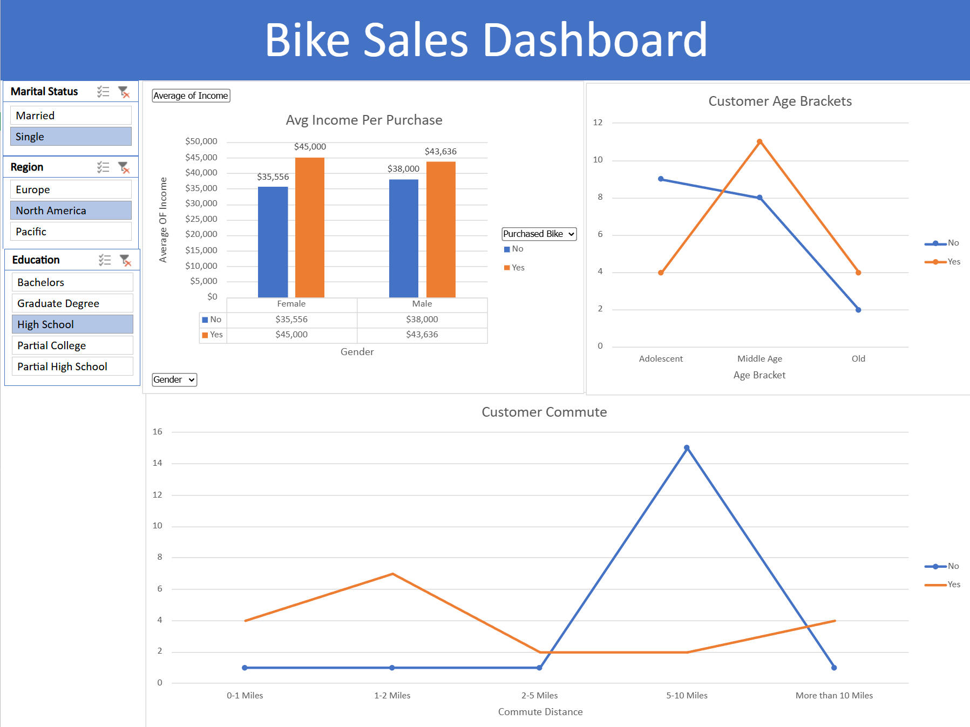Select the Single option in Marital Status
[x=71, y=137]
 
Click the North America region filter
[x=71, y=210]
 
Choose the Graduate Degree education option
[x=72, y=303]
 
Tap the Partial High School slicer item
[x=72, y=366]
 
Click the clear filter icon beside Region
[x=124, y=168]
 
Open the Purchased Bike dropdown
[x=539, y=234]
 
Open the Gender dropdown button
[x=174, y=379]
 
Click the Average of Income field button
[x=191, y=96]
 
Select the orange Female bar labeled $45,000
[x=310, y=227]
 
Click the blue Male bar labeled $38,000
[x=404, y=237]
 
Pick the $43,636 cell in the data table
[x=422, y=335]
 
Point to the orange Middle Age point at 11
[x=759, y=142]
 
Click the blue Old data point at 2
[x=858, y=310]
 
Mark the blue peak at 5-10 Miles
[x=687, y=448]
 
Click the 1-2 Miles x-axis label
[x=392, y=695]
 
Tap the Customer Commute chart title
[x=544, y=412]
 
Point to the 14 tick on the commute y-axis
[x=157, y=463]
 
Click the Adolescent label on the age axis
[x=661, y=359]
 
